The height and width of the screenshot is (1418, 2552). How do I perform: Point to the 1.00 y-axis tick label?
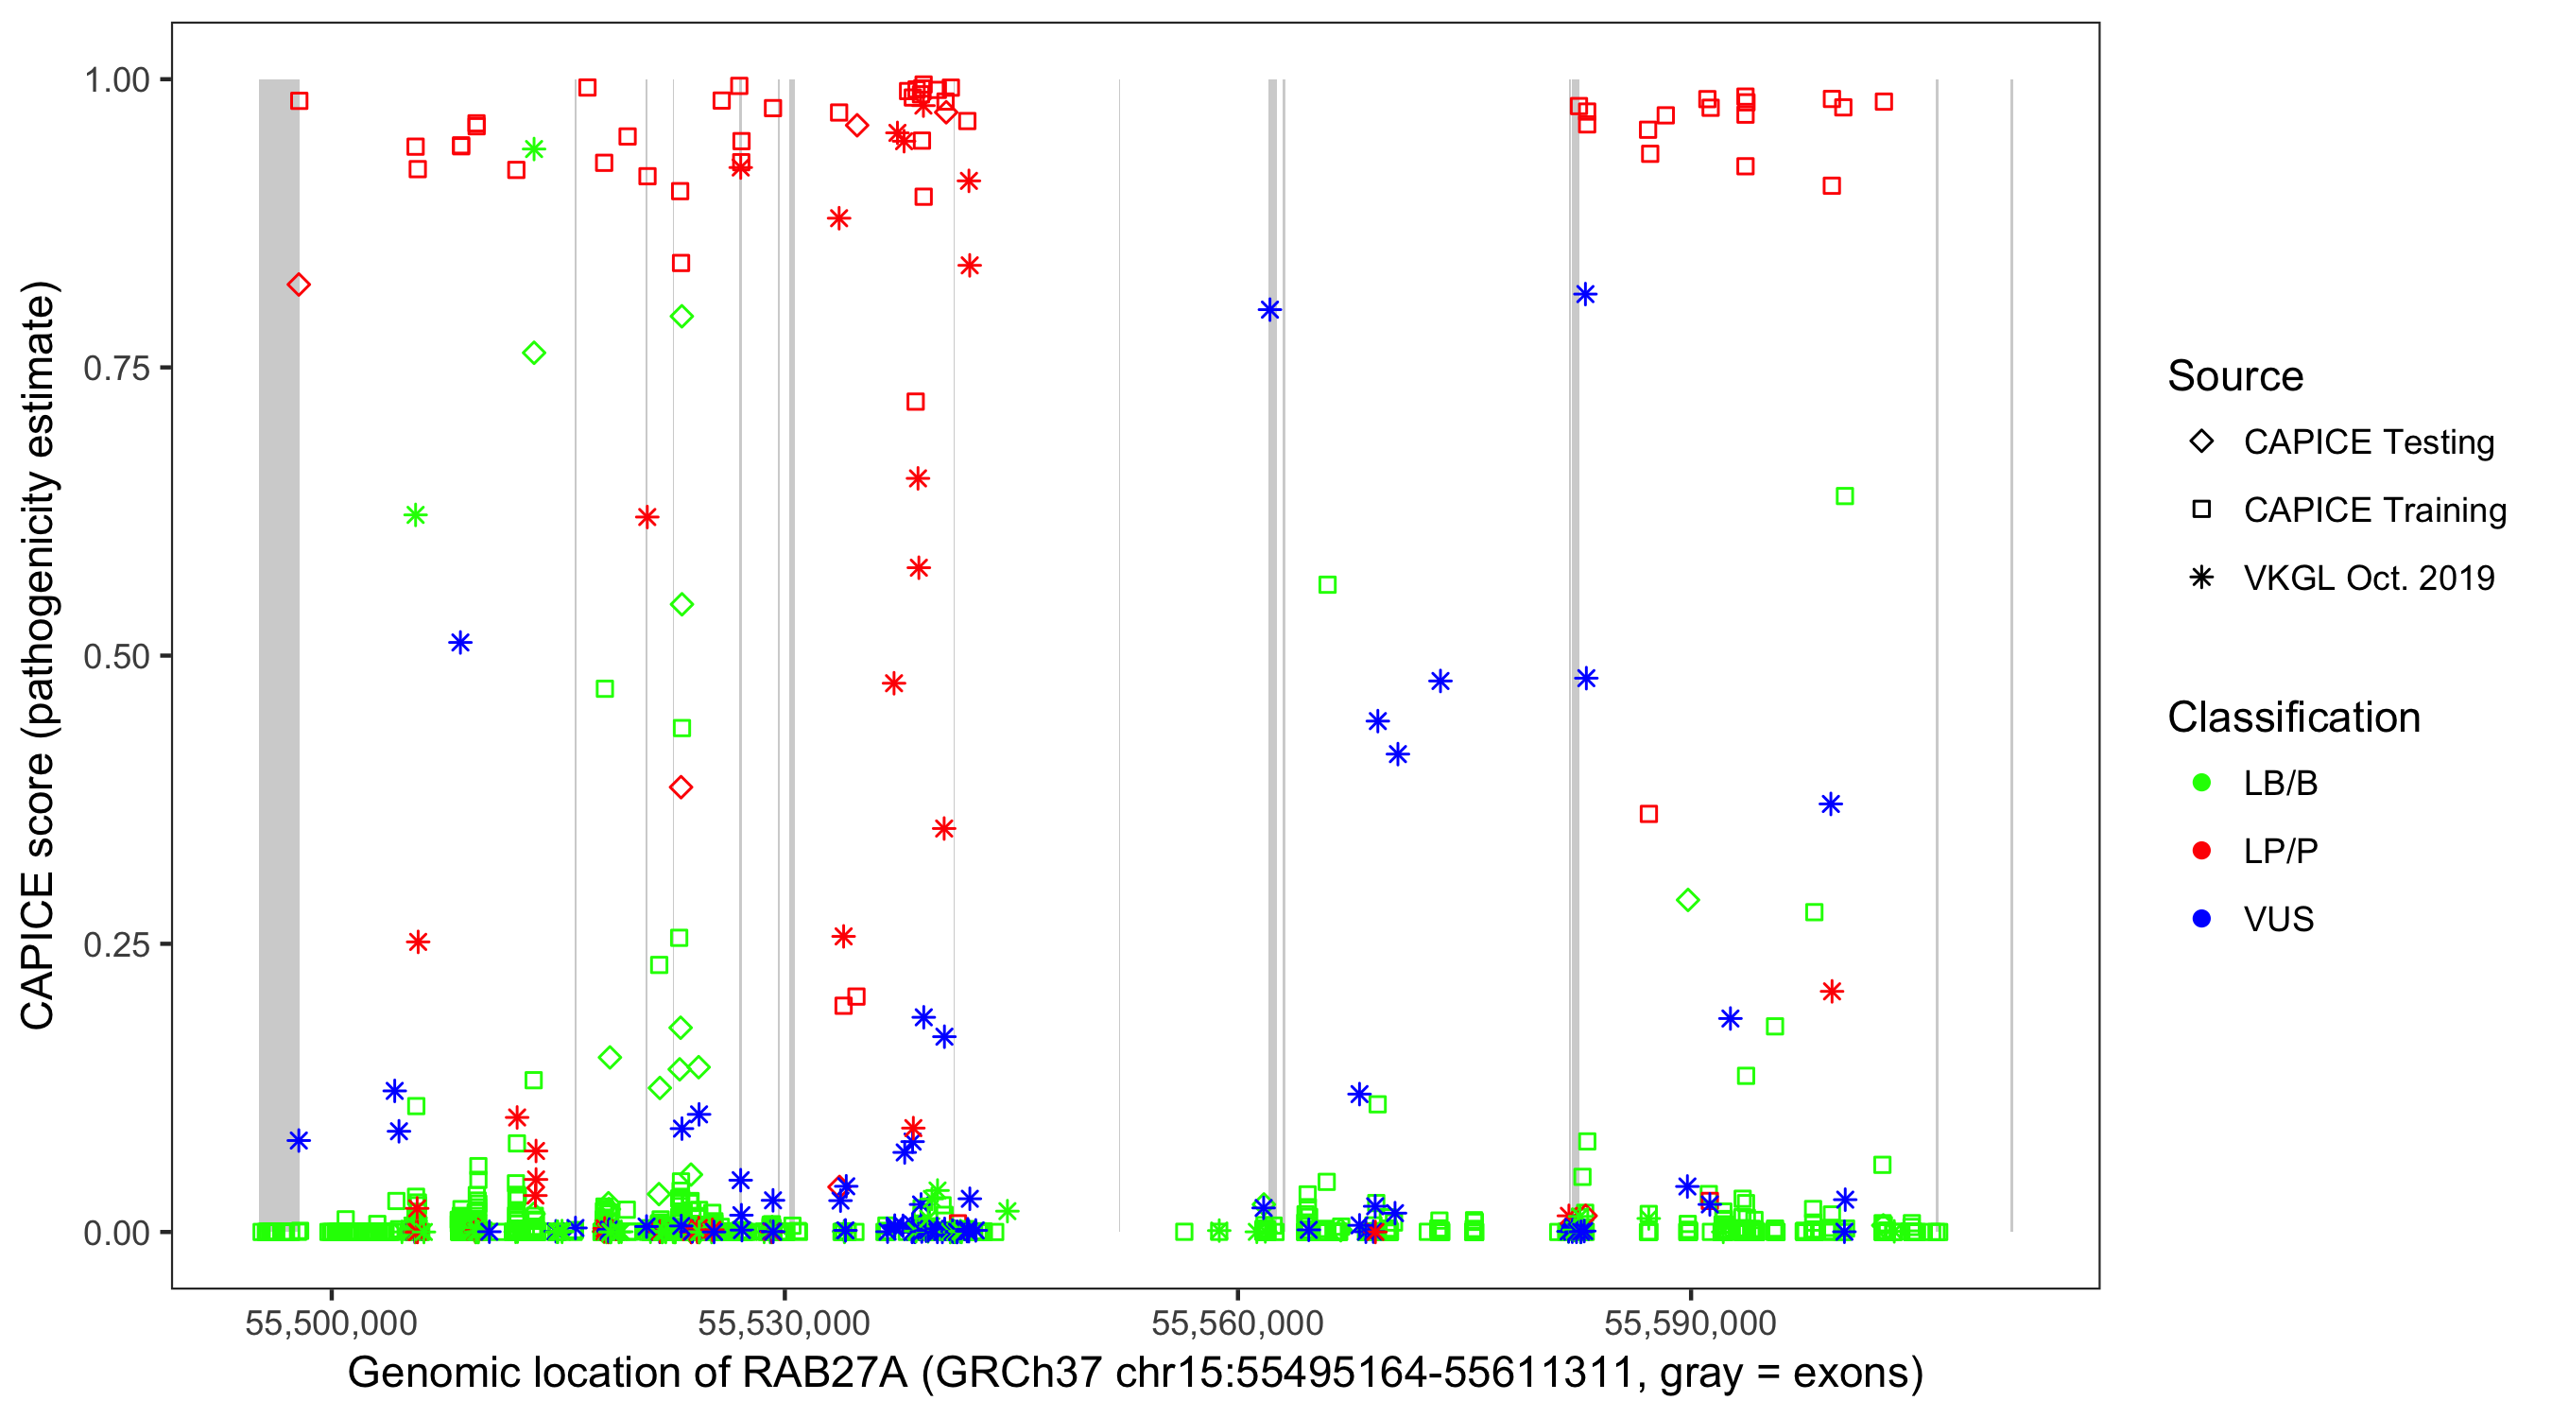point(116,80)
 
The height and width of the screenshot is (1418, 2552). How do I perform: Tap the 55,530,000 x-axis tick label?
point(784,1323)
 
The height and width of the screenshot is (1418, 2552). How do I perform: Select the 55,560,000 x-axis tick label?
point(1237,1323)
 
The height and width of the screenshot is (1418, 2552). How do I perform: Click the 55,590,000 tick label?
point(1690,1323)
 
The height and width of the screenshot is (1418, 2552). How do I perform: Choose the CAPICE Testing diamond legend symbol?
point(2201,442)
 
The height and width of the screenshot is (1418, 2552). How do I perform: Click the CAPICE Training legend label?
point(2374,510)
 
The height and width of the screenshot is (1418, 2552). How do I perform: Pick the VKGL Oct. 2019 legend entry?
point(2369,579)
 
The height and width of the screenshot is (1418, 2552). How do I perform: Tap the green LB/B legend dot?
point(2201,784)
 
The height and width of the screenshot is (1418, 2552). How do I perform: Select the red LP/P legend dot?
point(2201,851)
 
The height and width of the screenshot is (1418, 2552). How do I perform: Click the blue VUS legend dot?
point(2201,920)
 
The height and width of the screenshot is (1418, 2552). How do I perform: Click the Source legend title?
point(2235,376)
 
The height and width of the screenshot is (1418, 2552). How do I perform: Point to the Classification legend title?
point(2293,718)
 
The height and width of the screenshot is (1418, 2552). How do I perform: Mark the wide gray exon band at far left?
point(279,654)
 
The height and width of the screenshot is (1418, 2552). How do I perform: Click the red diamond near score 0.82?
point(298,285)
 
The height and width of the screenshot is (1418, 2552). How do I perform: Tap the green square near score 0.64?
point(1845,496)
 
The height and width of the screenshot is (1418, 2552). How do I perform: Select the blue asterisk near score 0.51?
point(459,643)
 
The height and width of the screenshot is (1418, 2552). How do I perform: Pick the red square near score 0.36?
point(1648,815)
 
